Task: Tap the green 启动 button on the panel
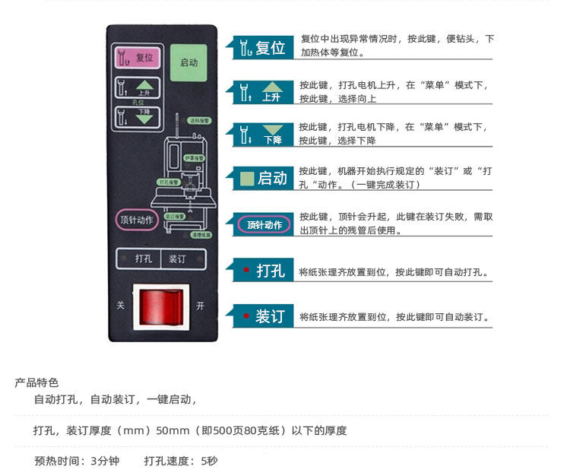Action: (188, 62)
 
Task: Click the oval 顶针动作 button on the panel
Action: (137, 220)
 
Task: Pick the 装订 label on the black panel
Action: (177, 259)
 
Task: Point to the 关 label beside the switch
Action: (120, 306)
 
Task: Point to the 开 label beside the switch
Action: (200, 306)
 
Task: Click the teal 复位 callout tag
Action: (261, 49)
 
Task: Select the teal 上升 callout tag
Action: (261, 93)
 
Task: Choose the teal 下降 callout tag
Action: (261, 135)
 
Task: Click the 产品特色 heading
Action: (36, 382)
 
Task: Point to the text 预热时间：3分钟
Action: (77, 461)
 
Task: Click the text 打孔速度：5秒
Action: (181, 461)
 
